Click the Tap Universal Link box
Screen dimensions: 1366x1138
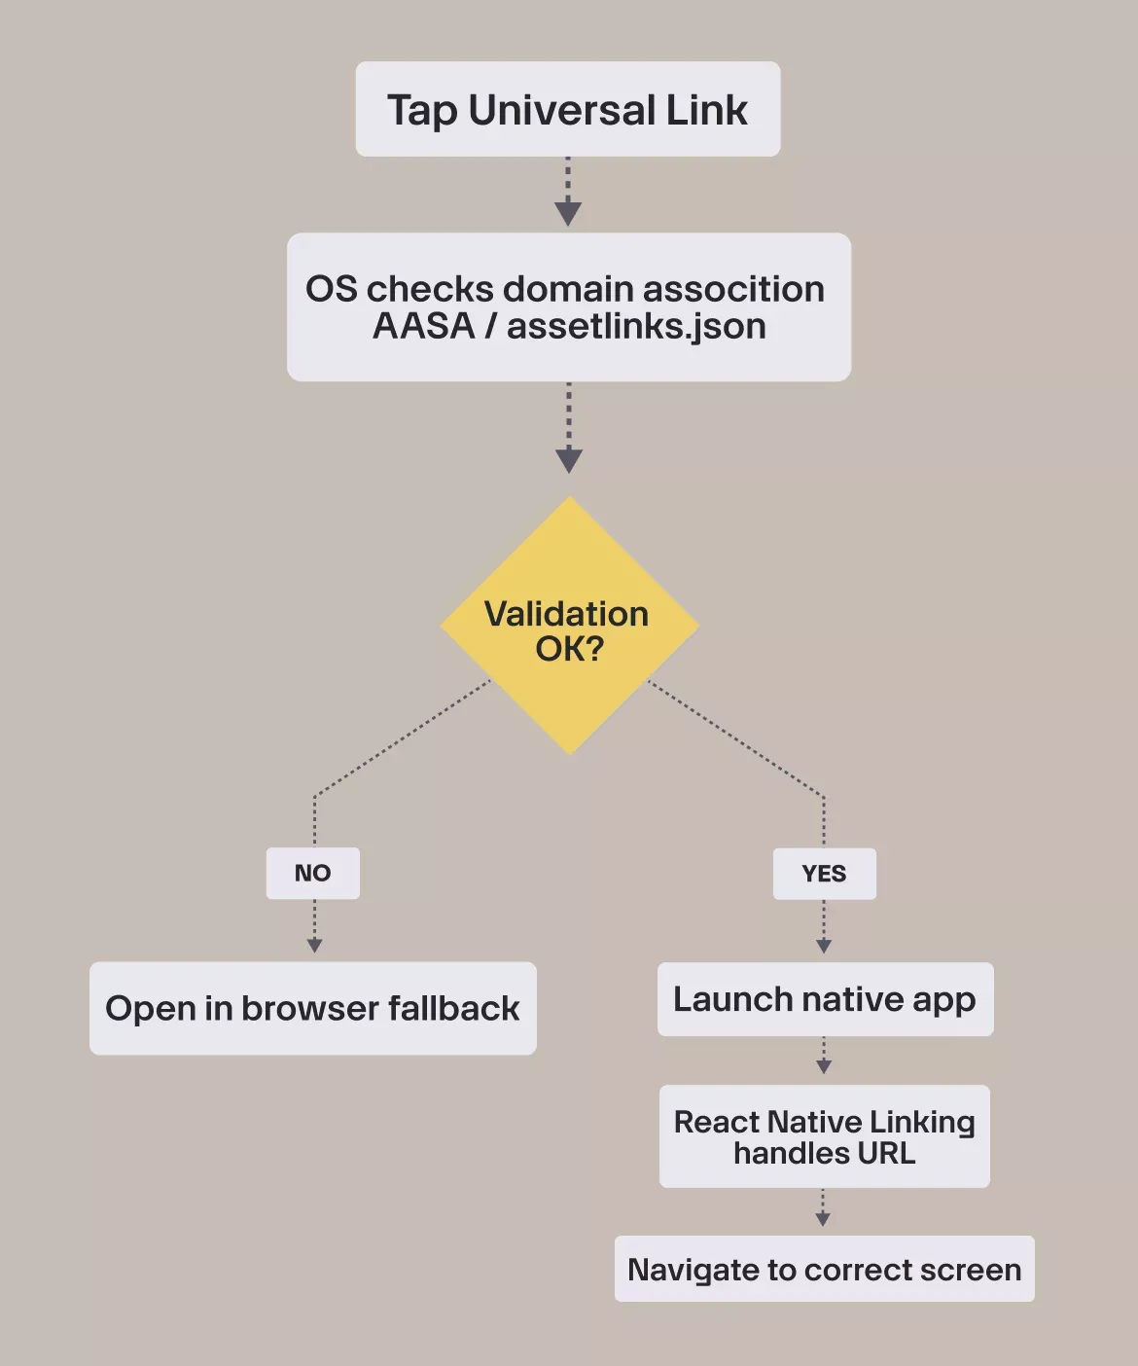click(568, 109)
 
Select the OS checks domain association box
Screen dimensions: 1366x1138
click(568, 306)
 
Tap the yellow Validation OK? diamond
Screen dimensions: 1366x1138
click(570, 627)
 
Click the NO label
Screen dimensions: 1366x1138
click(313, 873)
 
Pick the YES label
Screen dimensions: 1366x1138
click(824, 874)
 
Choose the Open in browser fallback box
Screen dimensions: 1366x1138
click(312, 1008)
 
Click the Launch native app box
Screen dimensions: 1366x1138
click(825, 999)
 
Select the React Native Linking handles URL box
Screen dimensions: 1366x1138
click(824, 1136)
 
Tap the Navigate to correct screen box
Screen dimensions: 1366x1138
click(824, 1269)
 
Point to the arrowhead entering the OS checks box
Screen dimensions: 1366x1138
click(568, 214)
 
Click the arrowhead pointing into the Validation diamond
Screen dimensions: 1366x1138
click(569, 460)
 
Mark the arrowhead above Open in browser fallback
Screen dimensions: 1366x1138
click(314, 945)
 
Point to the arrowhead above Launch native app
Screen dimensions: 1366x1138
click(824, 946)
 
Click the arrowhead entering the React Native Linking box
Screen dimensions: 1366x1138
click(824, 1066)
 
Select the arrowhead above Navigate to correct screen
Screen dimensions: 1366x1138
click(823, 1219)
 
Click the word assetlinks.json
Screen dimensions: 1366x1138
click(636, 326)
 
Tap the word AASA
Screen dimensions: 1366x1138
click(423, 326)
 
